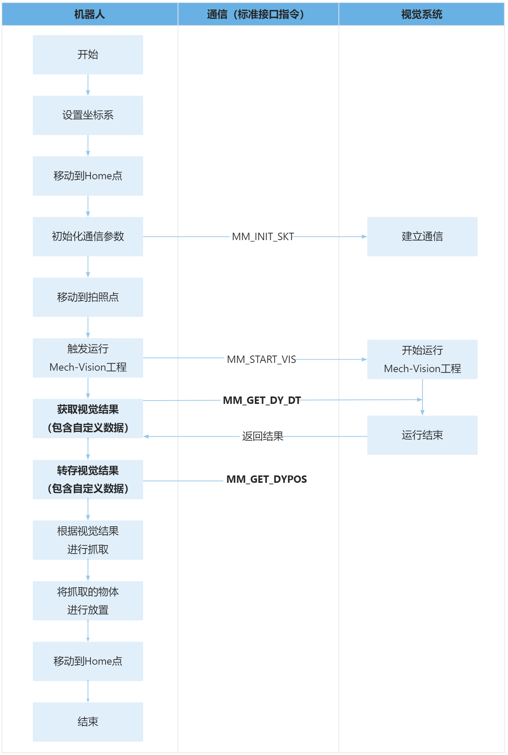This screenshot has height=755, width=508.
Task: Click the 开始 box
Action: tap(88, 55)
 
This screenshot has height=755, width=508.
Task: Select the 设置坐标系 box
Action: tap(88, 115)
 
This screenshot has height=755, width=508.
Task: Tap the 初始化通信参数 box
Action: tap(88, 236)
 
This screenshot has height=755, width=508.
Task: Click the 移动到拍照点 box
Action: tap(88, 297)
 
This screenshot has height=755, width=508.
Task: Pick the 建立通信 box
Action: tap(422, 236)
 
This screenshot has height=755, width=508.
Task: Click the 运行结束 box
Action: tap(422, 435)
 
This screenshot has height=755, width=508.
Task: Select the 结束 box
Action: tap(88, 722)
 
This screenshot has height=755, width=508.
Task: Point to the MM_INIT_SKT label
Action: tap(262, 236)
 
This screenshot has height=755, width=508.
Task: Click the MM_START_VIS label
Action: tap(261, 359)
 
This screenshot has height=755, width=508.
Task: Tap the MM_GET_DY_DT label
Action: tap(262, 400)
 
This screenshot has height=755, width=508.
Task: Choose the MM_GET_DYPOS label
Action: tap(266, 479)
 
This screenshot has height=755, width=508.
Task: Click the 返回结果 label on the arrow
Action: tap(262, 436)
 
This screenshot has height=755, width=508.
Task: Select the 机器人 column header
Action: tap(90, 14)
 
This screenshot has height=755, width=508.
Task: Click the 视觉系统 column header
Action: tap(421, 14)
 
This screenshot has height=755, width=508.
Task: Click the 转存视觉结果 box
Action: tap(88, 479)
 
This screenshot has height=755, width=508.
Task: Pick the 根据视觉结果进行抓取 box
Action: tap(88, 540)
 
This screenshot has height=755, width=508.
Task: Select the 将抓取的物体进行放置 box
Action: tap(88, 600)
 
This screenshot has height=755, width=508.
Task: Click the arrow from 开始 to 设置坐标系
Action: tap(88, 85)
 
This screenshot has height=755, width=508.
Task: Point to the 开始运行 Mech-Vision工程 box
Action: tap(422, 359)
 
